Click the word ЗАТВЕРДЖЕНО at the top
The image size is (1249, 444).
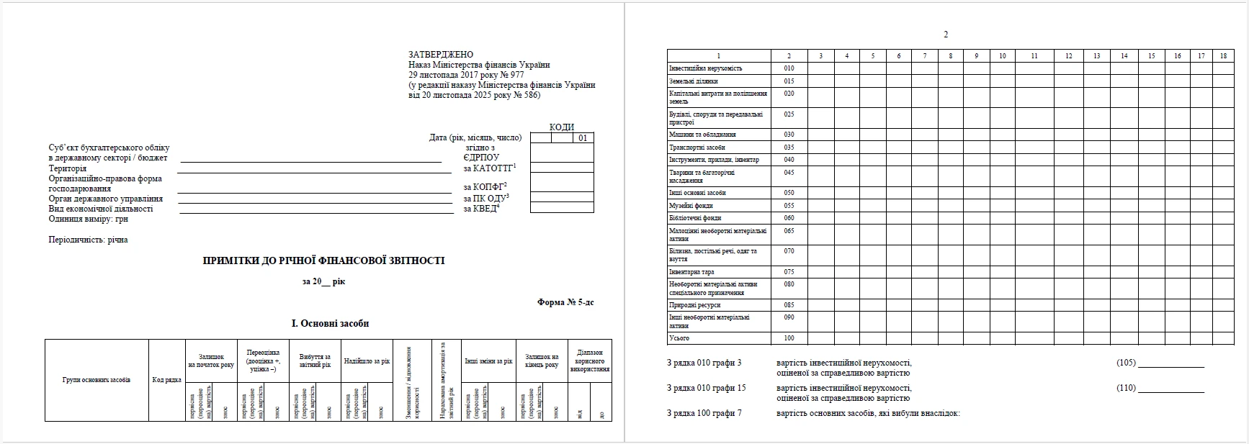pyautogui.click(x=441, y=54)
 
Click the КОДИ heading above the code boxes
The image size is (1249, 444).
pyautogui.click(x=562, y=127)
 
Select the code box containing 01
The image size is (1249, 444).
pyautogui.click(x=583, y=138)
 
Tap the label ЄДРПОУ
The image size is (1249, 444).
pyautogui.click(x=482, y=158)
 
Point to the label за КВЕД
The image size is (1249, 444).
pyautogui.click(x=480, y=209)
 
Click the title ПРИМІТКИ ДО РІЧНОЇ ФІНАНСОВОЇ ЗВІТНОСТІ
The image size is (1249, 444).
pyautogui.click(x=323, y=260)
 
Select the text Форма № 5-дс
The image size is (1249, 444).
pyautogui.click(x=565, y=302)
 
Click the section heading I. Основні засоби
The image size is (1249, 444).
pyautogui.click(x=330, y=323)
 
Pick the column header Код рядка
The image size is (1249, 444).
pyautogui.click(x=167, y=379)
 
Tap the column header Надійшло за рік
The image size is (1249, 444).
pyautogui.click(x=367, y=361)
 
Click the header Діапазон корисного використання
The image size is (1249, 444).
pyautogui.click(x=589, y=361)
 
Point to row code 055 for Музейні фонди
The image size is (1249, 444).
pyautogui.click(x=789, y=206)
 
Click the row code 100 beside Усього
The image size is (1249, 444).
pyautogui.click(x=789, y=338)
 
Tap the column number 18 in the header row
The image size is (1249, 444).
pyautogui.click(x=1223, y=55)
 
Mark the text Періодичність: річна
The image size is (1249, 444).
pyautogui.click(x=88, y=240)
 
